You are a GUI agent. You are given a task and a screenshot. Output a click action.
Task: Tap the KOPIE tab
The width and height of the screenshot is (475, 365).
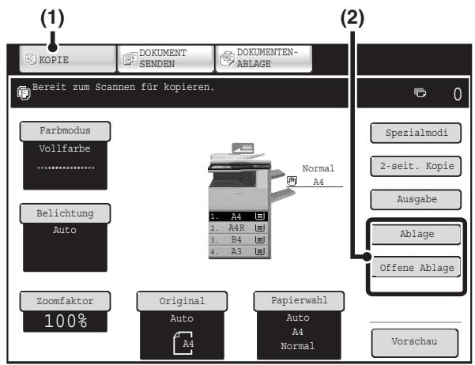click(67, 58)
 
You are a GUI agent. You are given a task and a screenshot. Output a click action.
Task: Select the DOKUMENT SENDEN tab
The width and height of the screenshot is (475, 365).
click(166, 58)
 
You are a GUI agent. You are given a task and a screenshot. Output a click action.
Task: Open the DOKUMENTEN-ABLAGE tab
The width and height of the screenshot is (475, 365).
click(263, 58)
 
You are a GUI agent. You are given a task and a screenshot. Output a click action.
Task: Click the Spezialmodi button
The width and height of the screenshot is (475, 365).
click(416, 133)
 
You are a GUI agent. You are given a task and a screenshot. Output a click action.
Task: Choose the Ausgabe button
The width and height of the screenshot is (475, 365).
click(416, 199)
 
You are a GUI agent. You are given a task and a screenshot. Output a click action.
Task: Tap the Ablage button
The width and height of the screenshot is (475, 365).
click(417, 234)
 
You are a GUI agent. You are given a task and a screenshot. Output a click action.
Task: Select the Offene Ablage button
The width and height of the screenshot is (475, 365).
click(417, 268)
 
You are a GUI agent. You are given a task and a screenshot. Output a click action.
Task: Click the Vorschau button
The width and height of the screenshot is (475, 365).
click(415, 342)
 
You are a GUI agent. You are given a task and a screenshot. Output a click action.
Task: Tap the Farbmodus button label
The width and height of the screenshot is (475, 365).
click(65, 131)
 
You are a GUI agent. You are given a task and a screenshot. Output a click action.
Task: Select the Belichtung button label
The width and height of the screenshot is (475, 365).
click(65, 213)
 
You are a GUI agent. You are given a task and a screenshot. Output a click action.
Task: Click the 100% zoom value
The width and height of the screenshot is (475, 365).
click(66, 321)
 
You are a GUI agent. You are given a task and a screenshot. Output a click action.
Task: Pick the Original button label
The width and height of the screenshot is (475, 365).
click(182, 301)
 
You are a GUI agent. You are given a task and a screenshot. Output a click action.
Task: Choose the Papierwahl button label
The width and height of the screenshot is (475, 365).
click(299, 300)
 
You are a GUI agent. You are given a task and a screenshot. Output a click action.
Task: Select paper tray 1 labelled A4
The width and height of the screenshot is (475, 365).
click(239, 216)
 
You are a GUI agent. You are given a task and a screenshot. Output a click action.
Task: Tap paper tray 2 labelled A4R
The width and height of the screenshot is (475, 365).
click(239, 228)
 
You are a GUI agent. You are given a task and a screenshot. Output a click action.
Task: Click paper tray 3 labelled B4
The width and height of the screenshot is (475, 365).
click(239, 239)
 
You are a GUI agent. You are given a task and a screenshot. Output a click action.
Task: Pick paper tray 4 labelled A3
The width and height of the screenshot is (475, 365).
click(239, 252)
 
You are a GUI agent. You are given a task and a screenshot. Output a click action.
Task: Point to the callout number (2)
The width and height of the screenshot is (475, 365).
click(352, 17)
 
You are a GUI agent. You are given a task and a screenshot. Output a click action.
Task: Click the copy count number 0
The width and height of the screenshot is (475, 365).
click(458, 94)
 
